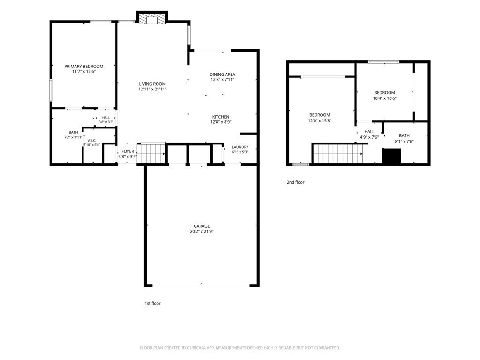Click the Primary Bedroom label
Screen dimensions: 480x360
coord(83,66)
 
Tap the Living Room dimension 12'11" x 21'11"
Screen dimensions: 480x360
coord(152,90)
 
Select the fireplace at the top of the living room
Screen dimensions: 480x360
coord(152,18)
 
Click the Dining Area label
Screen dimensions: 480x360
coord(223,74)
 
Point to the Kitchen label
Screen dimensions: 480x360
coord(221,117)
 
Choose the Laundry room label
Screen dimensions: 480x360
coord(240,147)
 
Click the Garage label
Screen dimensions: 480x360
coord(202,226)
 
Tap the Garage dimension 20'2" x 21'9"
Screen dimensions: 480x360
coord(202,232)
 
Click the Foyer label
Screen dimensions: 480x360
coord(127,151)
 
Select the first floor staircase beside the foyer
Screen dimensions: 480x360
coord(151,154)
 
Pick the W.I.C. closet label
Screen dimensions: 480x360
coord(91,141)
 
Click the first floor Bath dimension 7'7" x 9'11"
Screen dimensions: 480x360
coord(73,137)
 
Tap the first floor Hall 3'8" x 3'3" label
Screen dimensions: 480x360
coord(106,120)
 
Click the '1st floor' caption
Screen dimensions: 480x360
coord(152,303)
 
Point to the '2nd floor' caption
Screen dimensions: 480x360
coord(295,182)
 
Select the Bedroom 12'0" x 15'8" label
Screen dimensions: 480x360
coord(320,118)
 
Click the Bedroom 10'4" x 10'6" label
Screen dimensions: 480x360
coord(384,95)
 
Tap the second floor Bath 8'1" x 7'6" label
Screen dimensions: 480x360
coord(404,138)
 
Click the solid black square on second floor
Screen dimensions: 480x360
coord(391,156)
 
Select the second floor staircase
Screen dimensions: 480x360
coord(338,154)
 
